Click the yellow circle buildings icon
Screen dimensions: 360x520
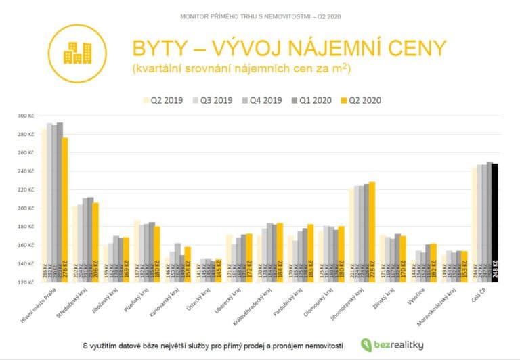click(x=77, y=53)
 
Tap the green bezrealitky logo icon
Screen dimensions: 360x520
click(x=366, y=344)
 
